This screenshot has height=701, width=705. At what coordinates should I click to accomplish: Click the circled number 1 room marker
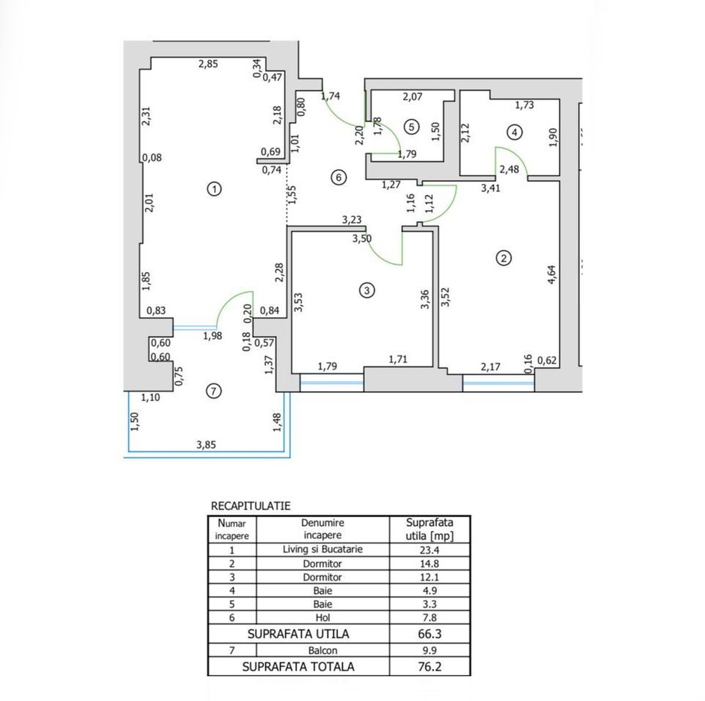click(214, 189)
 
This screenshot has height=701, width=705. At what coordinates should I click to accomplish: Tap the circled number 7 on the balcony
click(214, 392)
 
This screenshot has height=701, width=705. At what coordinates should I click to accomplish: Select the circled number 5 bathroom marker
click(412, 127)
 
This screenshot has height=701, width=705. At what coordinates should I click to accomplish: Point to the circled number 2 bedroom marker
click(503, 258)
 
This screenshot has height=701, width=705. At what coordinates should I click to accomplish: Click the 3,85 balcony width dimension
click(206, 444)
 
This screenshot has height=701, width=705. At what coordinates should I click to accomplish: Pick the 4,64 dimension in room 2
click(552, 275)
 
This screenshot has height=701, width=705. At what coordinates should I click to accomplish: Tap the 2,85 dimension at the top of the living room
click(208, 64)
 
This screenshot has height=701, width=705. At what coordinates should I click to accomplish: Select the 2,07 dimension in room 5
click(412, 96)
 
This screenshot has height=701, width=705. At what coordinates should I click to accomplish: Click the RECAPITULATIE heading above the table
click(251, 506)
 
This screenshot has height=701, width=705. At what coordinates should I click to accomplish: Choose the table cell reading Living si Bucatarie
click(323, 550)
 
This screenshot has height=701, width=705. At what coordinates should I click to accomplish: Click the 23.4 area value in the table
click(429, 550)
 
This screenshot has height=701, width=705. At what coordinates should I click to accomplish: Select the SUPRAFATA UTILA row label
click(298, 633)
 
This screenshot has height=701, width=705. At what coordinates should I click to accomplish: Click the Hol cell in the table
click(323, 618)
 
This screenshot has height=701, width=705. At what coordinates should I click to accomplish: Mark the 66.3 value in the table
click(430, 633)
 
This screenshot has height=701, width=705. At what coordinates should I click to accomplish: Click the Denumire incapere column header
click(323, 529)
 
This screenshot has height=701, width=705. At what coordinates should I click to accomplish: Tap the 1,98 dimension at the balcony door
click(213, 336)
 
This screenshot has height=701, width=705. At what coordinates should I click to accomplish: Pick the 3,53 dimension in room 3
click(298, 302)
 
